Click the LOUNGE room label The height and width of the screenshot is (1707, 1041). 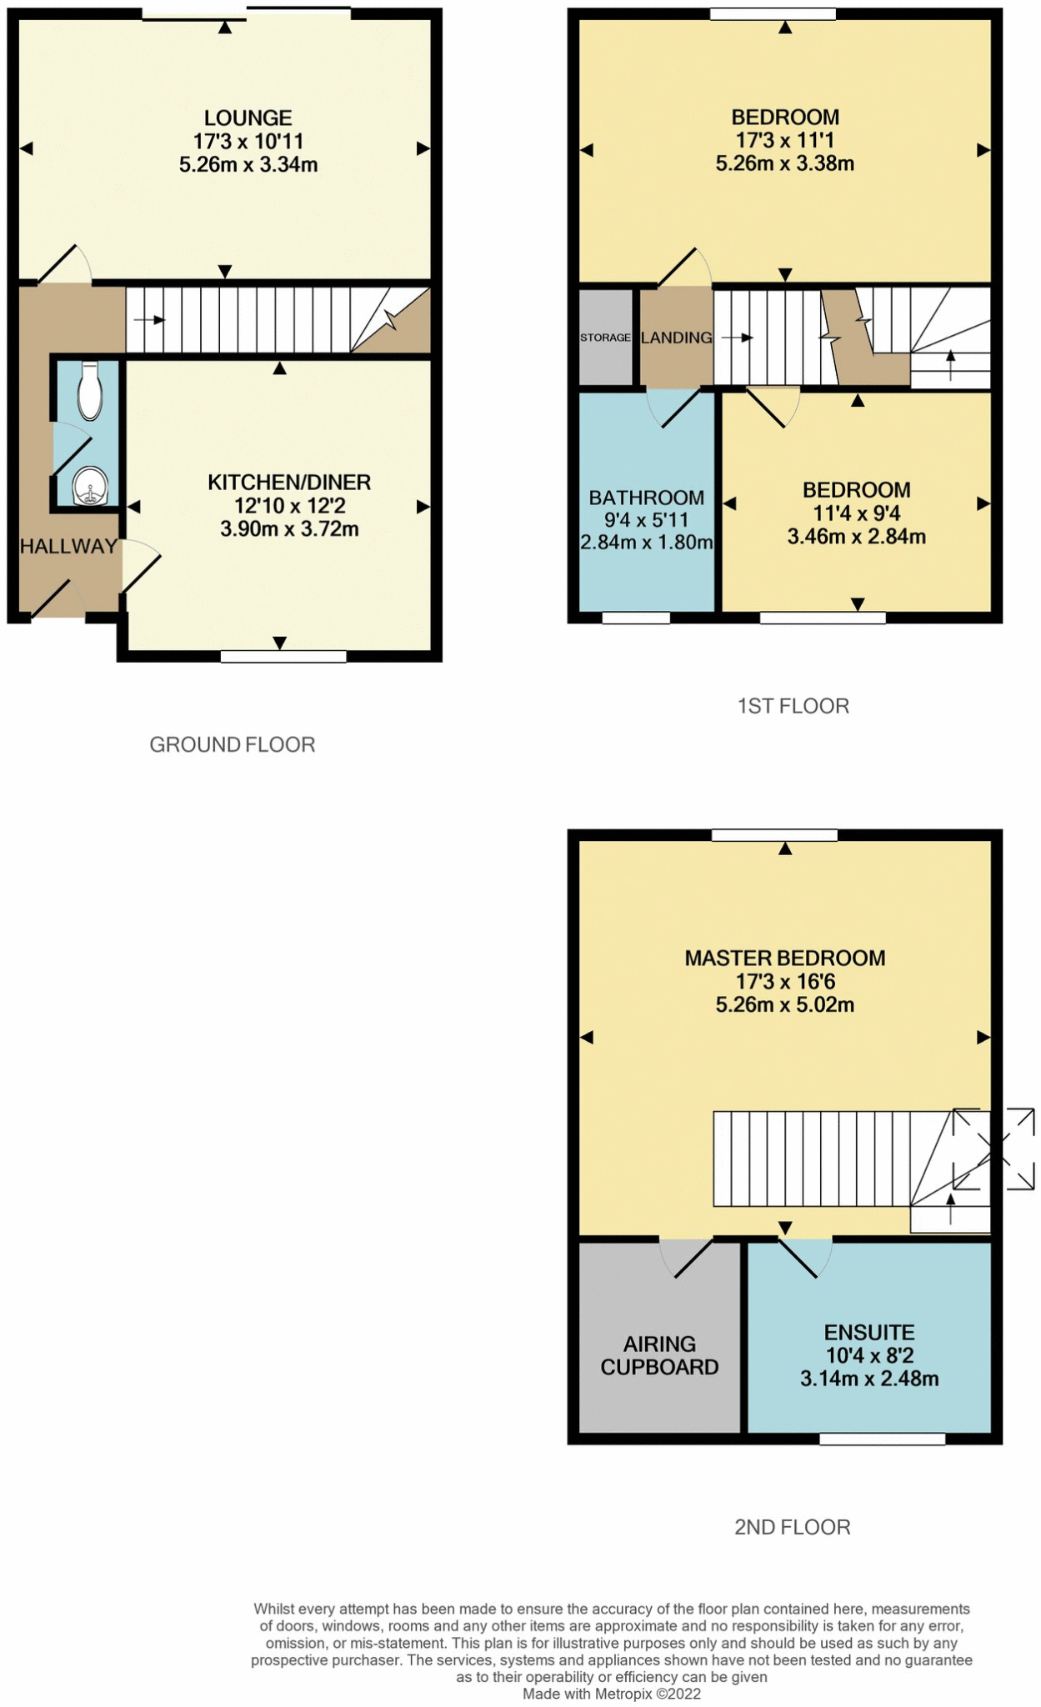[x=248, y=118]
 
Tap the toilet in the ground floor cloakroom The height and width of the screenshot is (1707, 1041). [x=89, y=393]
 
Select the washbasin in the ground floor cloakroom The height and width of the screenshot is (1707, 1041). [x=90, y=486]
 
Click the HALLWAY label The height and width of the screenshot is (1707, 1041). [x=68, y=547]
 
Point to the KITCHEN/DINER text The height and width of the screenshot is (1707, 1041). [x=288, y=483]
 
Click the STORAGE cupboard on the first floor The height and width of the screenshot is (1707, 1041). [x=605, y=338]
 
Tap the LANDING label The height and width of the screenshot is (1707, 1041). [x=676, y=338]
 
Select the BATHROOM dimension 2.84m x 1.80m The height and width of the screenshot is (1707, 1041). [x=646, y=543]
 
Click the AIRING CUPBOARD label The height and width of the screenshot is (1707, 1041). [x=659, y=1355]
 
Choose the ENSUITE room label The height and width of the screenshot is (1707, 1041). [x=869, y=1332]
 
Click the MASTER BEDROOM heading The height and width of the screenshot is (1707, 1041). [x=784, y=959]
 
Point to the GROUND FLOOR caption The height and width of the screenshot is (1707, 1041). [x=232, y=744]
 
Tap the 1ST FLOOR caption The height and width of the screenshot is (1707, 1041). [x=793, y=706]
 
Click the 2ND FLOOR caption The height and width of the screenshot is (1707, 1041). [x=792, y=1527]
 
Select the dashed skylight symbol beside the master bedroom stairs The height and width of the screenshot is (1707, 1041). [x=993, y=1149]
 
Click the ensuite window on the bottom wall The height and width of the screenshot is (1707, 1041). [x=882, y=1439]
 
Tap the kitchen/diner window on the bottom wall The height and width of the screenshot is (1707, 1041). [x=283, y=657]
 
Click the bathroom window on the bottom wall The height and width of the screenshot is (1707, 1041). [x=636, y=618]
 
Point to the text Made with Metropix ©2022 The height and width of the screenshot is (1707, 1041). [x=611, y=1694]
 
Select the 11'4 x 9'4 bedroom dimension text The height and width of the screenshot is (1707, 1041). [x=856, y=513]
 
